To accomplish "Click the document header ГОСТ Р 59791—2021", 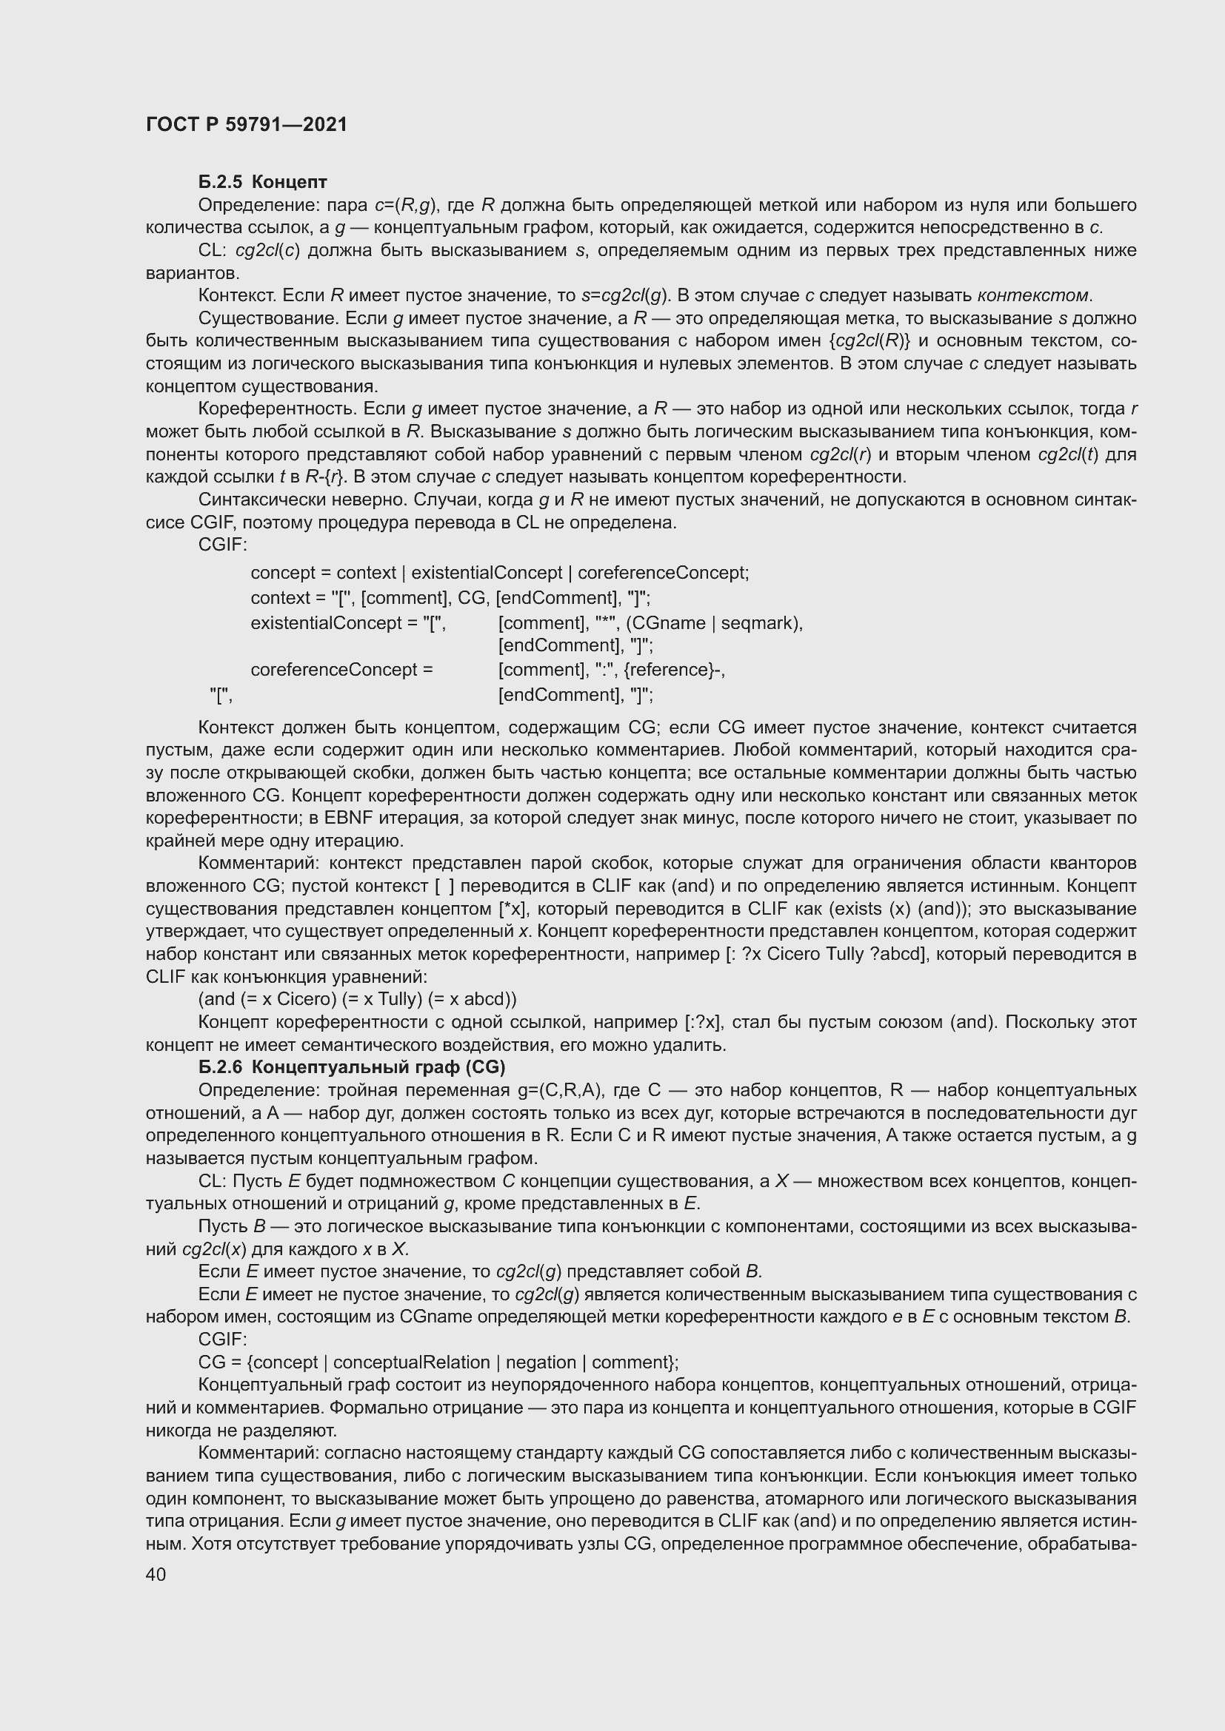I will tap(247, 125).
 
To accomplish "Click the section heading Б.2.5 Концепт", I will tap(262, 182).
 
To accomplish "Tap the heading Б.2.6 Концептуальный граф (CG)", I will tap(352, 1067).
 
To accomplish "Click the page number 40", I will tap(156, 1574).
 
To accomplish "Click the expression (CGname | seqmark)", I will tap(712, 622).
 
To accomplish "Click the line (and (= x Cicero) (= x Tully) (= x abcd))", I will tap(357, 999).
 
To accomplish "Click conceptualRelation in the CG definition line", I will tap(411, 1362).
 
